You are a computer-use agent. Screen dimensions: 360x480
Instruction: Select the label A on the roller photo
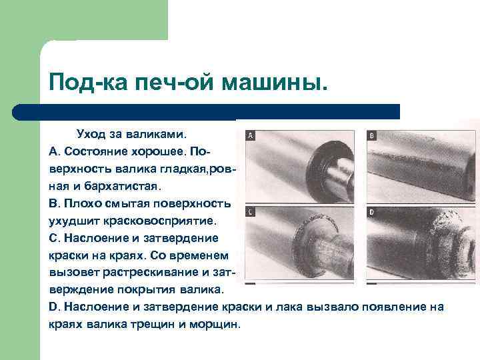(250, 135)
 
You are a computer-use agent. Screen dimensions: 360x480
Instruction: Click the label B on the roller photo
(372, 135)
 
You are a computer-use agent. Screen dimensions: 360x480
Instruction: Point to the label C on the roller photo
(250, 212)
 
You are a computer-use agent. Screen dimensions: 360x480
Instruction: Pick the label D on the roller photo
(372, 212)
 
